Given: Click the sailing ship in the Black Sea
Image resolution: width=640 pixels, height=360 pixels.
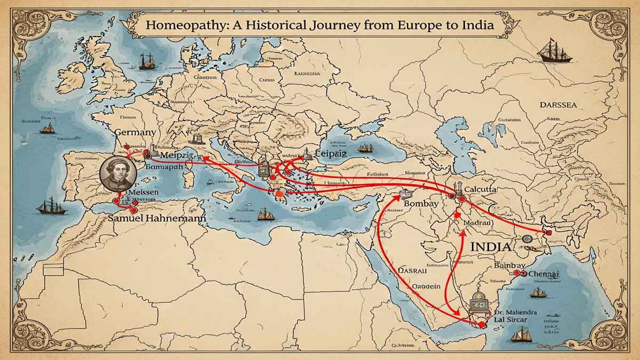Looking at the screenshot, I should tap(365, 148).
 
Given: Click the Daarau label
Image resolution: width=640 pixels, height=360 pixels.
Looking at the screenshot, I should tap(413, 270).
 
